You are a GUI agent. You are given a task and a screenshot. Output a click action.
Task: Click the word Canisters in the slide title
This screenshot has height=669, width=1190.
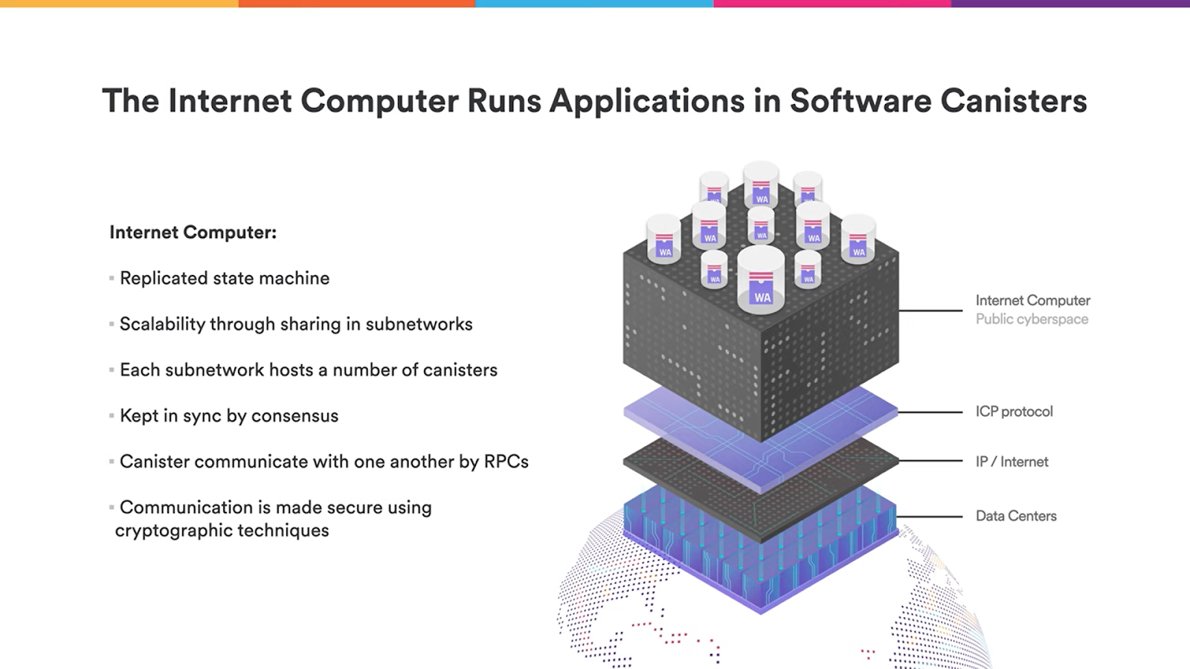point(1013,101)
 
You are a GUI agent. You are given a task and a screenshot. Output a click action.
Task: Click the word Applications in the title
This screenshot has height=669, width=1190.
point(647,101)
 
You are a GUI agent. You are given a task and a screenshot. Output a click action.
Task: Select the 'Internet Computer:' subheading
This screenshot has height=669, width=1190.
point(193,233)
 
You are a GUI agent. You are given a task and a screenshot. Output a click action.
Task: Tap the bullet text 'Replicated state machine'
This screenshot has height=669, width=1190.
point(225,278)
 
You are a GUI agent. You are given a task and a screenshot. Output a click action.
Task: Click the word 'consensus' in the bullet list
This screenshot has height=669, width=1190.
point(295,416)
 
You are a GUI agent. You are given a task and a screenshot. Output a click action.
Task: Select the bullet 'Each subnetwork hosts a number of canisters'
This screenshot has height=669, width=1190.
point(308,370)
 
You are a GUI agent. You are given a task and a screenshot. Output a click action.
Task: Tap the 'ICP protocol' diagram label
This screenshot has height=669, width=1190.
point(1014,412)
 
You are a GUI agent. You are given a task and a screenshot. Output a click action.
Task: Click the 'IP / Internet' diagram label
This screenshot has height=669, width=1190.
point(1011,462)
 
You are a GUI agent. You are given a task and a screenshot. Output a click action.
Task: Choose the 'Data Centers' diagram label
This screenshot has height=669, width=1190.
point(1016,516)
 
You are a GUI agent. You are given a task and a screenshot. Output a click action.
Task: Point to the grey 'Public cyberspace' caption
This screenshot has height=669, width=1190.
point(1032,319)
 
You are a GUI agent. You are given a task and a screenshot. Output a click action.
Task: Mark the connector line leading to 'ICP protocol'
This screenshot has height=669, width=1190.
point(930,412)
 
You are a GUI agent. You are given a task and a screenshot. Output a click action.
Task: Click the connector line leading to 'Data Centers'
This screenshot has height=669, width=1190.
point(930,516)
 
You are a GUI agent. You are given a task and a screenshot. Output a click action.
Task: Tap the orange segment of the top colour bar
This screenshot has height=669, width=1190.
point(357,4)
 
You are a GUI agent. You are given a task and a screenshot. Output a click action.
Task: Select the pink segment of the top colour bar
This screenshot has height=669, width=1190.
point(832,4)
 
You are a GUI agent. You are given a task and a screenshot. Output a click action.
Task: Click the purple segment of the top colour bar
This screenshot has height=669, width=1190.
point(1070,4)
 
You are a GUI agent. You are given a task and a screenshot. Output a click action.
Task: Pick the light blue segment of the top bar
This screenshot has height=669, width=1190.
point(594,4)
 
